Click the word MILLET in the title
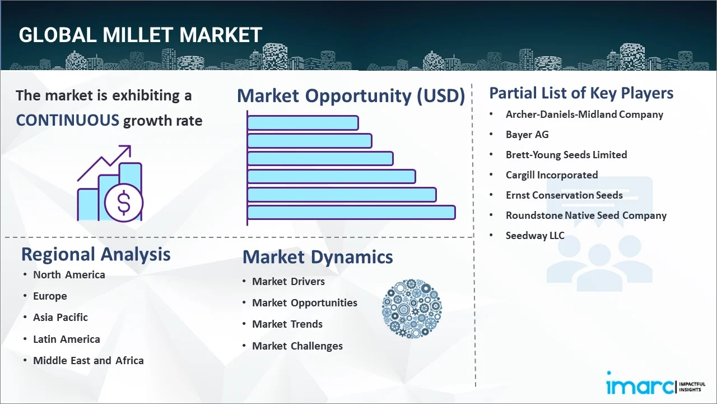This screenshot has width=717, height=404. (138, 35)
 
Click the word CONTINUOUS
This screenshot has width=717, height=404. (68, 120)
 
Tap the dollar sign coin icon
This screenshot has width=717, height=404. (124, 203)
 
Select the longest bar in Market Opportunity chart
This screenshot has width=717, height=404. (351, 213)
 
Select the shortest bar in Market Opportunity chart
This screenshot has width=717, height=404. (303, 123)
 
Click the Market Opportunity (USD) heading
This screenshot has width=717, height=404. (351, 95)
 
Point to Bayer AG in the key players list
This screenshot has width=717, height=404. (527, 134)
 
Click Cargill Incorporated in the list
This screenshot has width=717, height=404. (552, 175)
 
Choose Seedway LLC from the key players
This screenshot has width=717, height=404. (535, 235)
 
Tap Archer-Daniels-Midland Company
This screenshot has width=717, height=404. (584, 114)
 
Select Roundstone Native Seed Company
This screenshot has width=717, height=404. (586, 215)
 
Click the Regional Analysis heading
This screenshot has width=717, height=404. (96, 254)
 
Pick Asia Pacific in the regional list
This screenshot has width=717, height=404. (60, 317)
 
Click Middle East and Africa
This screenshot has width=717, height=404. (89, 360)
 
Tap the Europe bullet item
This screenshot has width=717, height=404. (50, 296)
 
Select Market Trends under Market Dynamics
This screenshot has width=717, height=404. (287, 324)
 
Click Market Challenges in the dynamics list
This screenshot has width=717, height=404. (297, 346)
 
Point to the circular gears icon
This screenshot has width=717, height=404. (412, 309)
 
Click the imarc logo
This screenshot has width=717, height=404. (655, 383)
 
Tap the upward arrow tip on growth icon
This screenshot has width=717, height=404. (131, 146)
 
